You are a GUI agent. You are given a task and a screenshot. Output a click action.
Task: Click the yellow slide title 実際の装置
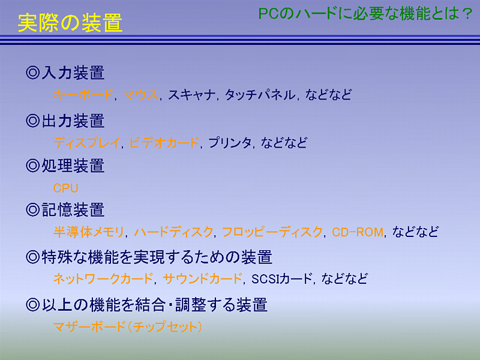coord(70,23)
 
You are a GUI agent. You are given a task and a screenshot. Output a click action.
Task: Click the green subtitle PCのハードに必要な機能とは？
coord(365,14)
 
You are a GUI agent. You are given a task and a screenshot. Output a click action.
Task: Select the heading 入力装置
coord(73,73)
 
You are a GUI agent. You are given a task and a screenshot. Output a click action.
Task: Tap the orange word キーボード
coord(83,95)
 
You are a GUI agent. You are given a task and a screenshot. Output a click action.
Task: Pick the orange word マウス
coord(140,95)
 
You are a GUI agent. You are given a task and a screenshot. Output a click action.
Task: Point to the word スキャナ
coord(191,95)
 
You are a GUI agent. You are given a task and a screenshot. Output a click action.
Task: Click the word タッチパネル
coord(260,95)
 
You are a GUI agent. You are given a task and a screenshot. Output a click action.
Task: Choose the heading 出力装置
coord(73,121)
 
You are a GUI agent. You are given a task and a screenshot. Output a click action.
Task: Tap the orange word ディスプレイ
coord(86,143)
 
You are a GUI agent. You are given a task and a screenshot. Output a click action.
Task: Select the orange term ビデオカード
coord(164,143)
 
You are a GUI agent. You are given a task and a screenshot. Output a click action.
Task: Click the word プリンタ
coord(230,143)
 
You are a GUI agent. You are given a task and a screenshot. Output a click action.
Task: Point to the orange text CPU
coord(66,188)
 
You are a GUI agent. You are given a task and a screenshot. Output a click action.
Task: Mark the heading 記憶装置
coord(73,210)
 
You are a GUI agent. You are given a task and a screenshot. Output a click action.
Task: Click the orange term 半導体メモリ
coord(89,232)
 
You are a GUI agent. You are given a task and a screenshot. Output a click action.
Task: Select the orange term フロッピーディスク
coord(272,232)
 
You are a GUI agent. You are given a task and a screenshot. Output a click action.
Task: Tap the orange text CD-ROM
coord(358,232)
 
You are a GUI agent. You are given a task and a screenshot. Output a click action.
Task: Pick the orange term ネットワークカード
coord(103,278)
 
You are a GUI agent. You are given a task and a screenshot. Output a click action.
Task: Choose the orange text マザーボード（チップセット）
coord(127,326)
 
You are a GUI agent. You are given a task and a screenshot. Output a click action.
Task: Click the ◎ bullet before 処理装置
coord(33,166)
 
